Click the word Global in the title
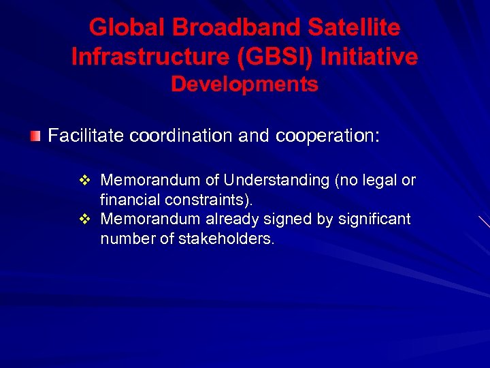(127, 28)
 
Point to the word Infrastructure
(152, 57)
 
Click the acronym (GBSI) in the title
(276, 57)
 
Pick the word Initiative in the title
(370, 57)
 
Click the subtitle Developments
(244, 85)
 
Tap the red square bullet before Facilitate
(35, 136)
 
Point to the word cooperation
(327, 136)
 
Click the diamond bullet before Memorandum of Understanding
(85, 181)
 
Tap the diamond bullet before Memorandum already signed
(85, 219)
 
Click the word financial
(129, 200)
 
